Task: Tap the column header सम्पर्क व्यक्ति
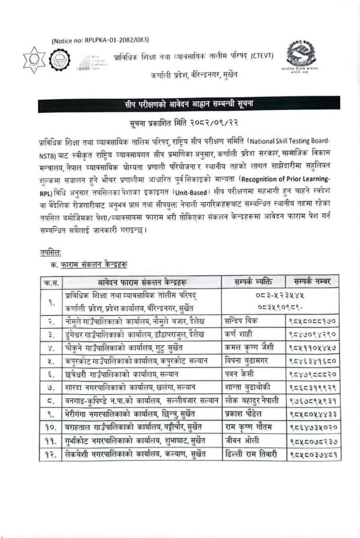pyautogui.click(x=249, y=281)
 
